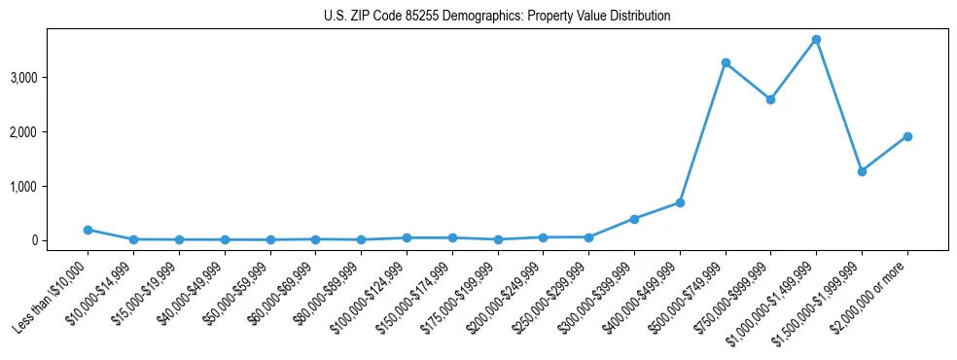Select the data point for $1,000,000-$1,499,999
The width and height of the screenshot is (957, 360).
click(816, 40)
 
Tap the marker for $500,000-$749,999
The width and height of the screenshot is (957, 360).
click(726, 63)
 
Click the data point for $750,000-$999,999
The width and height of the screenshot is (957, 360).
click(770, 99)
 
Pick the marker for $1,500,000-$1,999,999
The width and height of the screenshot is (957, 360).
click(862, 171)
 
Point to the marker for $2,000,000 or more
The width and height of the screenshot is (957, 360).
click(907, 136)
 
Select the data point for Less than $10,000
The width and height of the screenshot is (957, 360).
click(88, 230)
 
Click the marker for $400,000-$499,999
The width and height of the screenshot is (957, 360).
click(680, 202)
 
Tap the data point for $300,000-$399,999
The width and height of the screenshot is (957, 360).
click(634, 219)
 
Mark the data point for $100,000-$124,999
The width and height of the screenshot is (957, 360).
click(407, 237)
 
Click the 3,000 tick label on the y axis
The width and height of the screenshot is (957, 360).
click(51, 77)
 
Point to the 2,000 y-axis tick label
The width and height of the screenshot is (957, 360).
click(51, 131)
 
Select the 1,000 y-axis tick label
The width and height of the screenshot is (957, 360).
click(51, 186)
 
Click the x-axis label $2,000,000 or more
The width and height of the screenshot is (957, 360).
click(874, 290)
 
